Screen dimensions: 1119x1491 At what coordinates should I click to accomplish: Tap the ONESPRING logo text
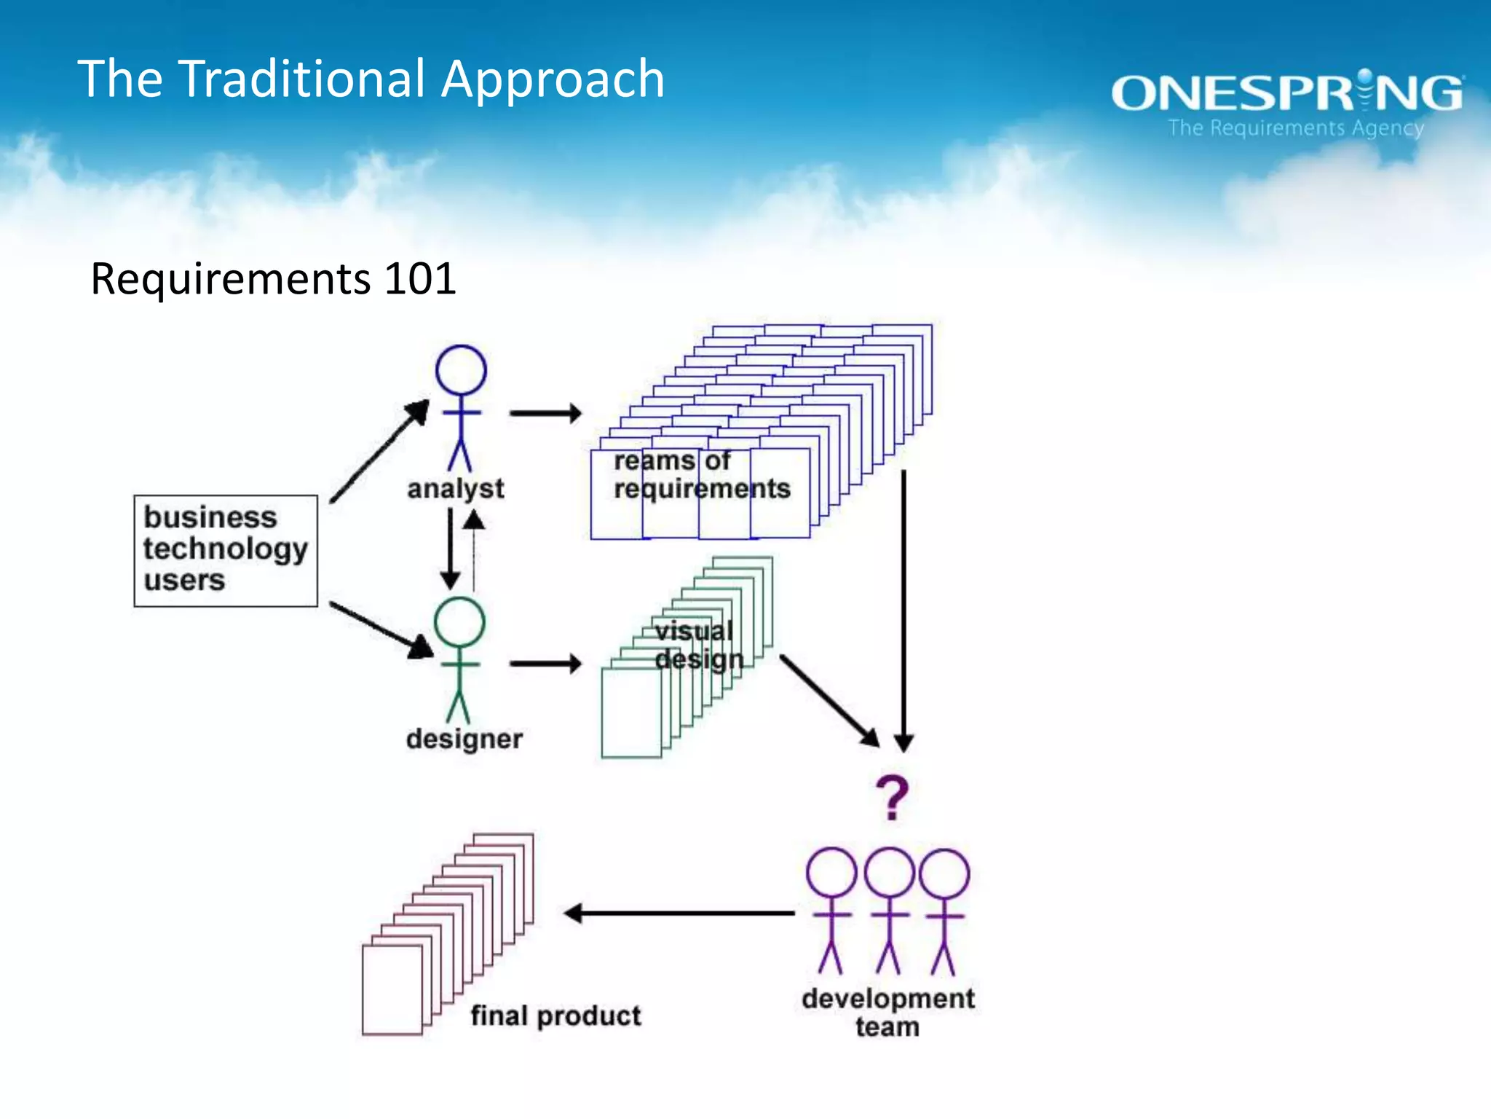1286,94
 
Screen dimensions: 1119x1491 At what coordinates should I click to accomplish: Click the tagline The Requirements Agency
1296,128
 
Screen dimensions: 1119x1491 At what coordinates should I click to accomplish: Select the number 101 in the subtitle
420,279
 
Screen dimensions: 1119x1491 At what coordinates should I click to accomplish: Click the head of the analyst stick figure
461,370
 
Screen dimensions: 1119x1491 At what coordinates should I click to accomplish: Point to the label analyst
455,489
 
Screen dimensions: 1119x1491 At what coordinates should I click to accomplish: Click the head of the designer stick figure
459,621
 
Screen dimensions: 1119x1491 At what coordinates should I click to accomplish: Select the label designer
464,739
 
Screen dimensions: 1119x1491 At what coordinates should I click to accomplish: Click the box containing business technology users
226,550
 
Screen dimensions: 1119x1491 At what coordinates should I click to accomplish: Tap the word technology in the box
226,549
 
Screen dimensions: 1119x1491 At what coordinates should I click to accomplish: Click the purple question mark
893,798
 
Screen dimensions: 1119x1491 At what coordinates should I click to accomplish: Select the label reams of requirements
701,475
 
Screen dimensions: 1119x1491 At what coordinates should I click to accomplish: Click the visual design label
697,645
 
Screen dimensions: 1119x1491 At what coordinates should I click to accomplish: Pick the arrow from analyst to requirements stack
545,413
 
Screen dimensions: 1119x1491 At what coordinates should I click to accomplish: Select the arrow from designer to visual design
545,664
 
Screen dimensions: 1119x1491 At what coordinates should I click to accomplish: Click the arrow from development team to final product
679,913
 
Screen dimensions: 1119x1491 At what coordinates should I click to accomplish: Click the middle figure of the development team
889,911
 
